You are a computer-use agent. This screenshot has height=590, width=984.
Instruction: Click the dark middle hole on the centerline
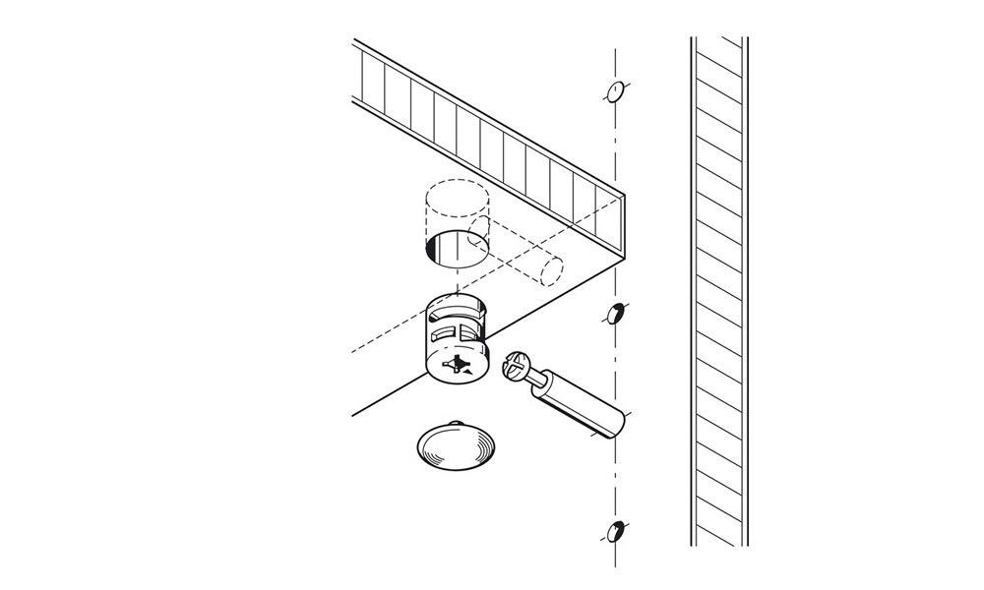coord(615,315)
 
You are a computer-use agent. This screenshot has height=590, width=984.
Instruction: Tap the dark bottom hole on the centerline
coord(615,532)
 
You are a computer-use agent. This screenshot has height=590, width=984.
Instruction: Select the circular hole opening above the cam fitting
coord(457,248)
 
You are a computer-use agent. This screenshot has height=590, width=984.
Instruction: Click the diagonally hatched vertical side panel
coord(719,295)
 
